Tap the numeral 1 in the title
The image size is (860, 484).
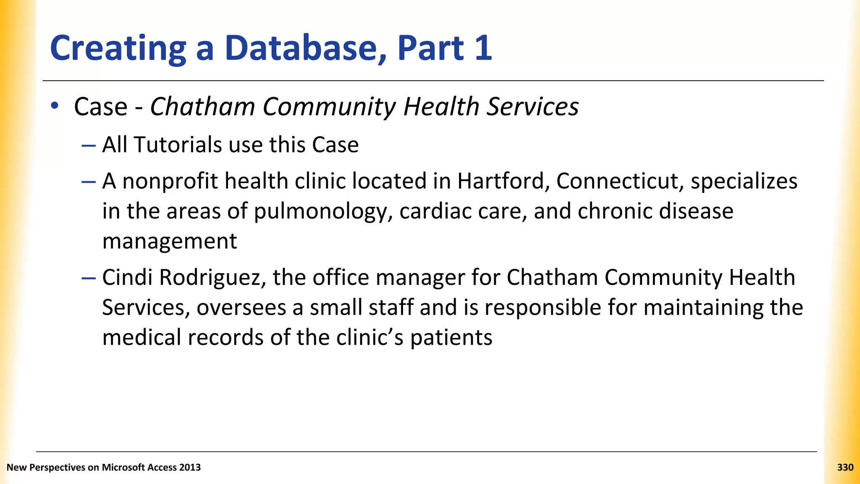[483, 48]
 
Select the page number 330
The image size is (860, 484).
[845, 467]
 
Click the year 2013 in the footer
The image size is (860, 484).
[190, 467]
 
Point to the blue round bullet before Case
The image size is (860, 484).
[55, 106]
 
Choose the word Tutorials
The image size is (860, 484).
[178, 145]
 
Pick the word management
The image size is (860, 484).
[170, 241]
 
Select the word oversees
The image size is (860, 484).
[241, 308]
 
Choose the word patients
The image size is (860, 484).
[451, 338]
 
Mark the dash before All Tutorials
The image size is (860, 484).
[89, 145]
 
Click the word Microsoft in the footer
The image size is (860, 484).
[123, 467]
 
